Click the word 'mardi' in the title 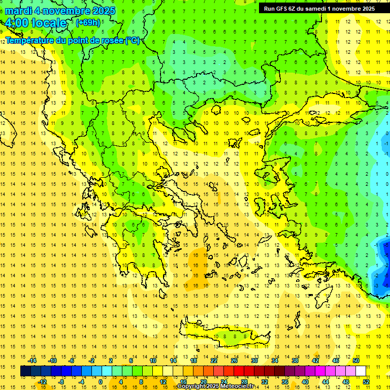coord(20,11)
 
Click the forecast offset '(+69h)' coord(88,22)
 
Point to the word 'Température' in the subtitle coord(28,40)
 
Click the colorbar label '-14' coord(32,361)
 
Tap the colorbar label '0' coord(101,382)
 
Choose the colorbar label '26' coord(234,361)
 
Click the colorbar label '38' coord(295,361)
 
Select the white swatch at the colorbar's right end coord(361,371)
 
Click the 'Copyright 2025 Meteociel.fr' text coord(215,386)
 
